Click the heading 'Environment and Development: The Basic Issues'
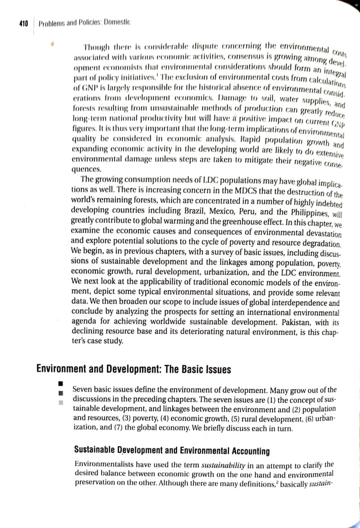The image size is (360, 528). click(133, 369)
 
